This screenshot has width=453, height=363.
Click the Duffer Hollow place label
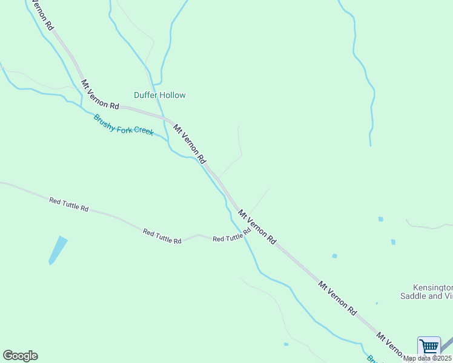click(x=159, y=95)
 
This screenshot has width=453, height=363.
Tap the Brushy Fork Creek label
click(x=124, y=125)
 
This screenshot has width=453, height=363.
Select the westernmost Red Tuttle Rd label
click(x=69, y=204)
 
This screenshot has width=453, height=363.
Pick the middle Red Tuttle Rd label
click(x=162, y=237)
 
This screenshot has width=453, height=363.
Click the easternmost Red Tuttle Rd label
click(x=232, y=236)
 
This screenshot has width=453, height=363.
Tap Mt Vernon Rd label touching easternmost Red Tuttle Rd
click(x=257, y=227)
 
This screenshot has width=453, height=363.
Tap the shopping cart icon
click(x=429, y=346)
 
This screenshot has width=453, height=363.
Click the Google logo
click(x=20, y=356)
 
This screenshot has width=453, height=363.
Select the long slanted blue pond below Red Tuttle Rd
click(x=58, y=250)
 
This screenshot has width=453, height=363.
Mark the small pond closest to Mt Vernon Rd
click(x=334, y=256)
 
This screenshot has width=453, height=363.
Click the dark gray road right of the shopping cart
click(x=447, y=348)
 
